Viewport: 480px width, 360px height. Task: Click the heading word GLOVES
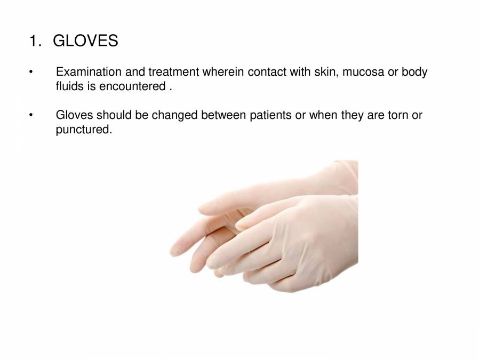(x=85, y=41)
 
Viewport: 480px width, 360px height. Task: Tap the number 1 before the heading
(x=34, y=41)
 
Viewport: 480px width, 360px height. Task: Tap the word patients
(x=271, y=115)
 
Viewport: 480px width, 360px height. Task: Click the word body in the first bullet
(x=417, y=72)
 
